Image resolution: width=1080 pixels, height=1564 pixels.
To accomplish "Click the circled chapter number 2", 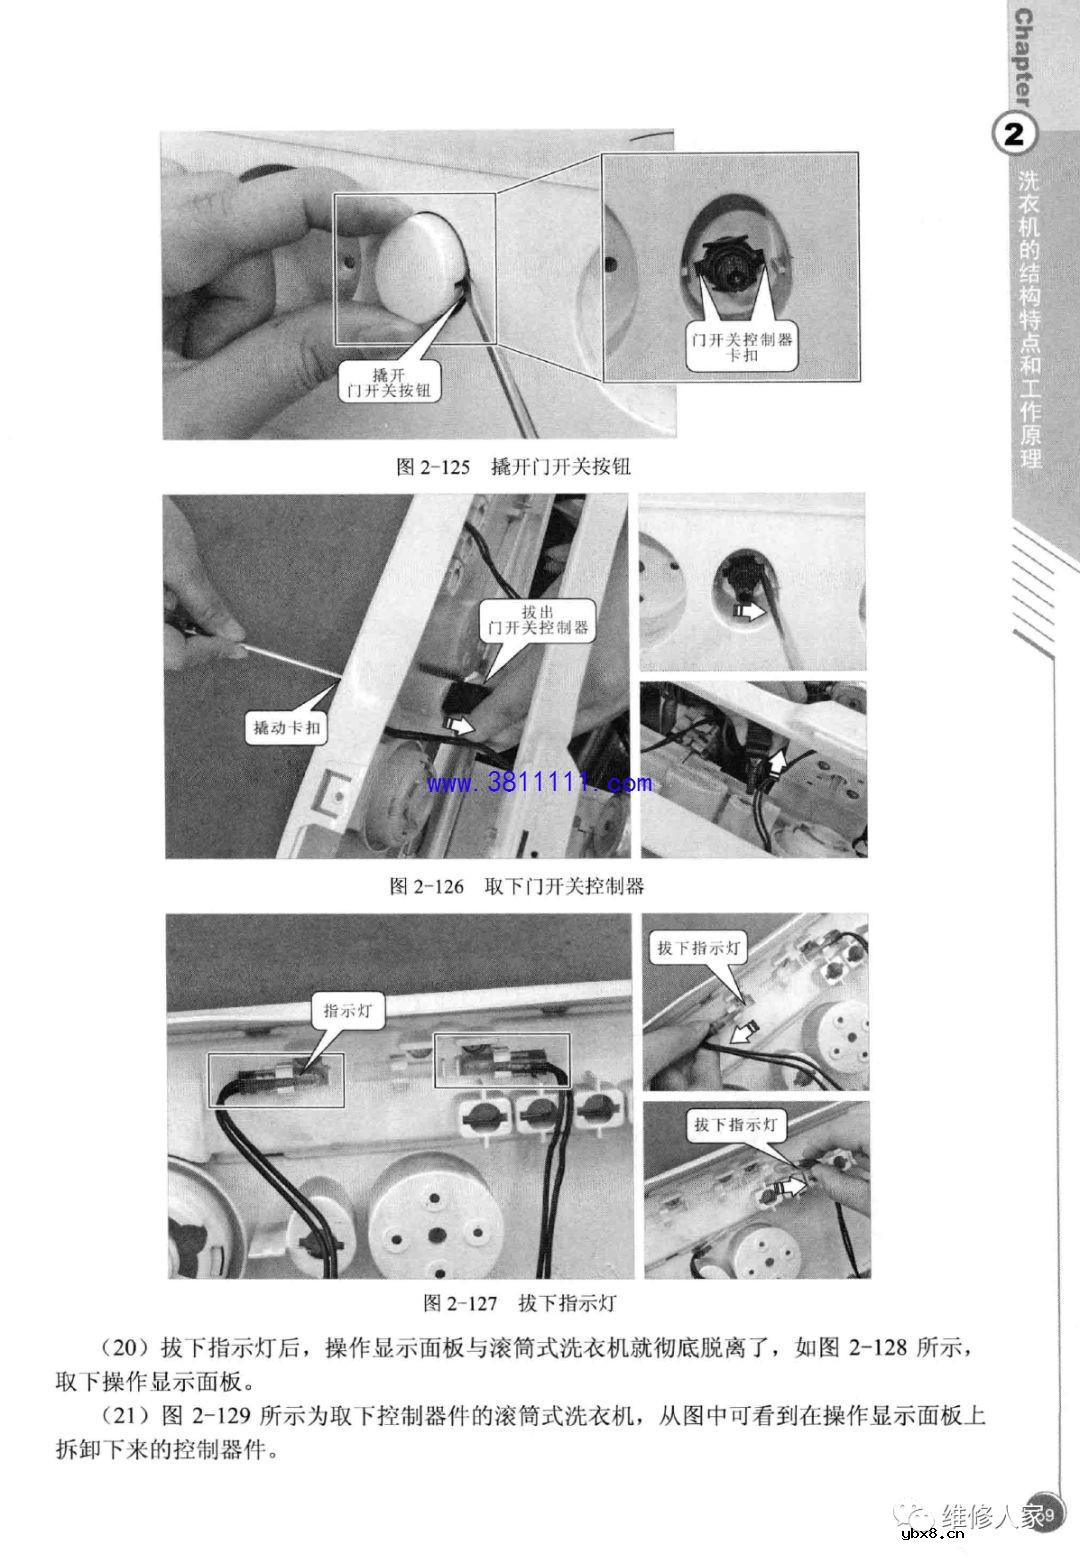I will [x=1013, y=135].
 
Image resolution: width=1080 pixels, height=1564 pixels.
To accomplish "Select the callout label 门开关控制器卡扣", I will [x=742, y=347].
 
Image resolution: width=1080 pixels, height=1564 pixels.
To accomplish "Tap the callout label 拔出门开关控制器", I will [x=538, y=620].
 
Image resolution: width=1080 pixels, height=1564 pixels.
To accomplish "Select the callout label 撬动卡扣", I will [x=286, y=728].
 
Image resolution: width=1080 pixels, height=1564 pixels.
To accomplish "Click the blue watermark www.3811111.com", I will [x=539, y=783].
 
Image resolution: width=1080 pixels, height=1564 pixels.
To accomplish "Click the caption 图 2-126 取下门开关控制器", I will [x=516, y=886].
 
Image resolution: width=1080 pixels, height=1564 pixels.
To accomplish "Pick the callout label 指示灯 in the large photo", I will [x=347, y=1011].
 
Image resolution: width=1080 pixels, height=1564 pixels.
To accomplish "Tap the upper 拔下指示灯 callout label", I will [x=699, y=948].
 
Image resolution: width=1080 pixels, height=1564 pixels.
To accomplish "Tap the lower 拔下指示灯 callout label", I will [x=735, y=1125].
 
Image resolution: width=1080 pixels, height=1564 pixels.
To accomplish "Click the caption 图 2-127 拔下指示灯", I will [x=519, y=1303].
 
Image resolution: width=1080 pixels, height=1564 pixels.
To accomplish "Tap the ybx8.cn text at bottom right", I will [x=932, y=1536].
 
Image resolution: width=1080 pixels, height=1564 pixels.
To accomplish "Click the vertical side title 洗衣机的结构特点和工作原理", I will [x=1029, y=320].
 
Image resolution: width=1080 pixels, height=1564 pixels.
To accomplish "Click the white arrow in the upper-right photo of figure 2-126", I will [x=747, y=609].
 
